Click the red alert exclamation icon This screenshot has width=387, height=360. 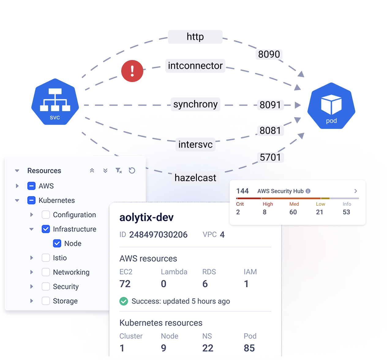click(132, 71)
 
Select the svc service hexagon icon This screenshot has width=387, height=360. click(55, 102)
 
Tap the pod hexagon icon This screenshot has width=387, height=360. click(331, 106)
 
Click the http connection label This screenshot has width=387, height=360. click(195, 37)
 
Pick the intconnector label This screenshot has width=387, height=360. click(195, 66)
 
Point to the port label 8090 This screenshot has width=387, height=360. click(269, 54)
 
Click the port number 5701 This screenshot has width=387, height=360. click(270, 157)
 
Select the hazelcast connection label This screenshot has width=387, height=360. click(195, 178)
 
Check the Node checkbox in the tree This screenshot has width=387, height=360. click(57, 243)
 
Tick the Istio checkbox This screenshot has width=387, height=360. click(46, 258)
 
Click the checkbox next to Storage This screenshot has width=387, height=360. click(46, 301)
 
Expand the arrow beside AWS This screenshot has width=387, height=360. click(17, 186)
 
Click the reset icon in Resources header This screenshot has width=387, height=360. click(132, 171)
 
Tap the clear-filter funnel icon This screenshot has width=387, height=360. click(118, 171)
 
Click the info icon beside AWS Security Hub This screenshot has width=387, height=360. click(308, 191)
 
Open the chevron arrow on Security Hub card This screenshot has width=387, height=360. click(355, 191)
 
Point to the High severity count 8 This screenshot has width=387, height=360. click(265, 212)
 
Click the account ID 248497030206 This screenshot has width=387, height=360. click(158, 235)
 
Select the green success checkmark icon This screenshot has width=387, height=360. click(124, 301)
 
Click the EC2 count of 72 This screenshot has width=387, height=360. click(125, 284)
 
